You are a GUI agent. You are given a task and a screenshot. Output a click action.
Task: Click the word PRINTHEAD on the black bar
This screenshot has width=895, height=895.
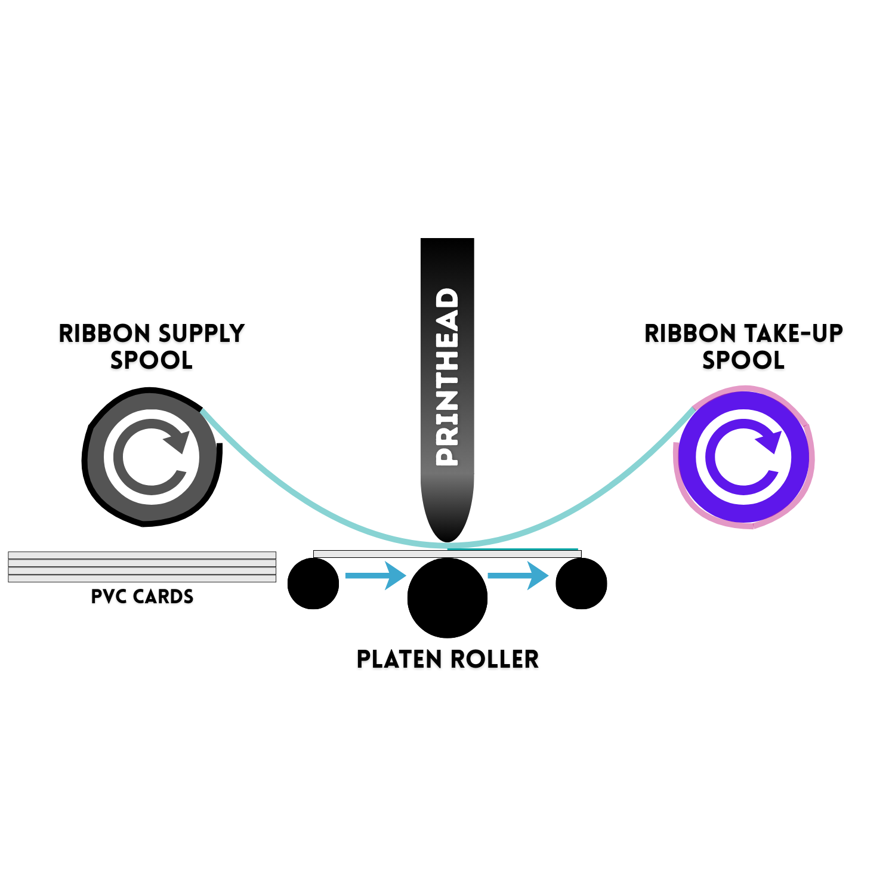(x=447, y=377)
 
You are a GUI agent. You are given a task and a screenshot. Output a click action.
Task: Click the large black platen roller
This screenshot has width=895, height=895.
(x=447, y=598)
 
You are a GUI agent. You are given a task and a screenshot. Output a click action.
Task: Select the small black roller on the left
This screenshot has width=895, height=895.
(x=313, y=584)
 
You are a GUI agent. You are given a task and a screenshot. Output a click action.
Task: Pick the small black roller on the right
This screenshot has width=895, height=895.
(x=581, y=584)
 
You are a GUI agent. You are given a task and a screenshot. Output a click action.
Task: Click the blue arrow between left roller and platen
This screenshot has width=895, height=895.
(x=376, y=576)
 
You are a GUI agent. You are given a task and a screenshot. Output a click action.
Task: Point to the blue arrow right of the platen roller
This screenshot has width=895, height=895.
(x=518, y=576)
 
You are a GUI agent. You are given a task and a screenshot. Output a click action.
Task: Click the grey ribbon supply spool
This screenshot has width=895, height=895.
(x=152, y=457)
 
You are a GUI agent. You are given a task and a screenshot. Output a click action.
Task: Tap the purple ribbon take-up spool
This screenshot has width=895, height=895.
(x=743, y=457)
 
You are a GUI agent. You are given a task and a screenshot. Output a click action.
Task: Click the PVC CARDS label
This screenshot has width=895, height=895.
(x=142, y=596)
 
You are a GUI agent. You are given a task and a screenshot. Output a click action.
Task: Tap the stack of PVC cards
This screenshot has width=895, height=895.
(x=142, y=566)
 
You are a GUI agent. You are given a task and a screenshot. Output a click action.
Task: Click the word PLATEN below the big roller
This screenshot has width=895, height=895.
(x=399, y=659)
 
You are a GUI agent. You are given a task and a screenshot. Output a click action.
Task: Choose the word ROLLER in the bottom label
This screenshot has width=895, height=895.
(x=495, y=659)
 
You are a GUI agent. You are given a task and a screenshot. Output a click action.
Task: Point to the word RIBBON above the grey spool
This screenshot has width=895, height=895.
(x=104, y=333)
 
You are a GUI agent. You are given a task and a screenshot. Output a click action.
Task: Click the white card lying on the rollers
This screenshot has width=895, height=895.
(x=447, y=554)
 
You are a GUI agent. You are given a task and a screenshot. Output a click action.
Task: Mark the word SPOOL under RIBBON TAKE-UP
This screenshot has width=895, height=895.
(x=743, y=360)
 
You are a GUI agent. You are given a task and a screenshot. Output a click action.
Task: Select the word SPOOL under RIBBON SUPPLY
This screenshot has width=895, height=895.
(x=152, y=360)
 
